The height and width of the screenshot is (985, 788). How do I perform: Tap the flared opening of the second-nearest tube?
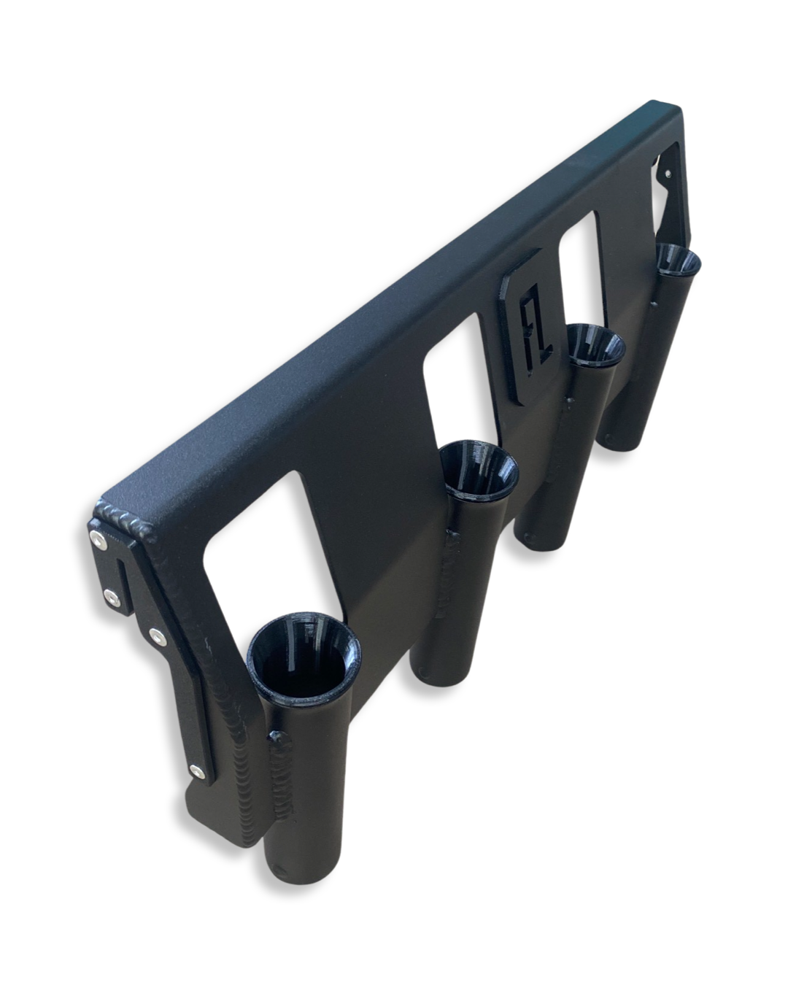(479, 471)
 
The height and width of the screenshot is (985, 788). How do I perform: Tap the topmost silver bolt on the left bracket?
(97, 539)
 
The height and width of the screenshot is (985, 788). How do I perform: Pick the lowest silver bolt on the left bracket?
(196, 770)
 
